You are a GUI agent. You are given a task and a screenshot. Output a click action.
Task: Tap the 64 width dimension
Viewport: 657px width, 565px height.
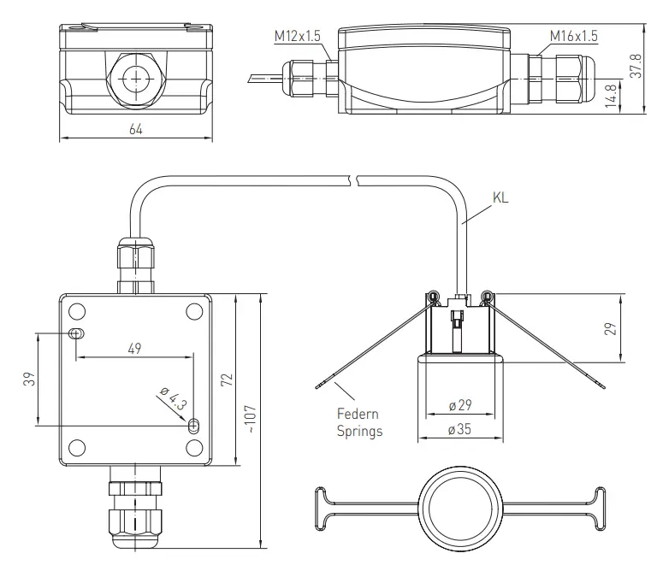tap(135, 129)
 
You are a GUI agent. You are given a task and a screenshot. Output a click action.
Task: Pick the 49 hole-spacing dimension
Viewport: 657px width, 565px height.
tap(135, 348)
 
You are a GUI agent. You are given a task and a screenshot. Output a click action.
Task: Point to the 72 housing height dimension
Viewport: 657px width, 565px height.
tap(226, 380)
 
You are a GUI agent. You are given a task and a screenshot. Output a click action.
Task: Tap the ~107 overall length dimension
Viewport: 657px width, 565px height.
tap(249, 419)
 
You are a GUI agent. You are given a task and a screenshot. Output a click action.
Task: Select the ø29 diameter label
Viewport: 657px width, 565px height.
tap(459, 405)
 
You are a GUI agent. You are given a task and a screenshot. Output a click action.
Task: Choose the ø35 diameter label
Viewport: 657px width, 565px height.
tap(459, 430)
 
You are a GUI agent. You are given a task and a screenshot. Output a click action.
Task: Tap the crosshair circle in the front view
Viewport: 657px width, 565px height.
tap(134, 79)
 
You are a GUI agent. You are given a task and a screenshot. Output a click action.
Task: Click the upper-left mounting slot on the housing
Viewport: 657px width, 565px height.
tap(76, 333)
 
